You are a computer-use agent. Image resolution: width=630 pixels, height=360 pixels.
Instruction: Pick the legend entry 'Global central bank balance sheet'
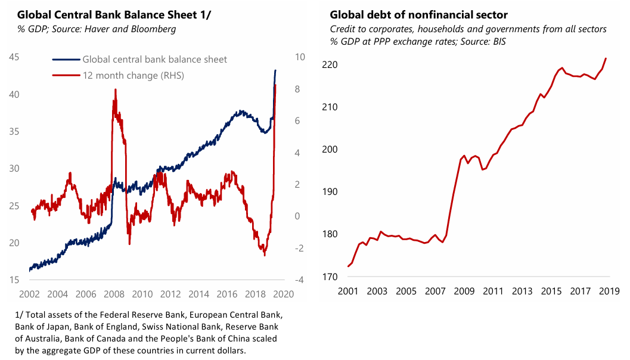pyautogui.click(x=154, y=59)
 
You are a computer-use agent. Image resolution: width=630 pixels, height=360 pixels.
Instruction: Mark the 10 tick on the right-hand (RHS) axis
pyautogui.click(x=299, y=57)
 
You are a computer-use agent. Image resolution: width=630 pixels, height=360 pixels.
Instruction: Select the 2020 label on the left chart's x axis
pyautogui.click(x=284, y=294)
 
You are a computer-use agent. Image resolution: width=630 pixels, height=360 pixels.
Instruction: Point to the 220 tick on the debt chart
pyautogui.click(x=330, y=64)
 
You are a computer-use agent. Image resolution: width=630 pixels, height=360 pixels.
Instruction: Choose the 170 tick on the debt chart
pyautogui.click(x=330, y=277)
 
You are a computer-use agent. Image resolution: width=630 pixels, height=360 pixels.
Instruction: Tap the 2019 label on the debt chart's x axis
pyautogui.click(x=607, y=291)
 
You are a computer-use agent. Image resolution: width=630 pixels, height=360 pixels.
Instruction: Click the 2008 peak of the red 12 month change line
pyautogui.click(x=114, y=89)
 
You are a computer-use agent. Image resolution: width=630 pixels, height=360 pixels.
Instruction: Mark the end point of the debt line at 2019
pyautogui.click(x=606, y=58)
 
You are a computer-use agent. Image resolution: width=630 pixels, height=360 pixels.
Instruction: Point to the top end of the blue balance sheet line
pyautogui.click(x=275, y=70)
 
